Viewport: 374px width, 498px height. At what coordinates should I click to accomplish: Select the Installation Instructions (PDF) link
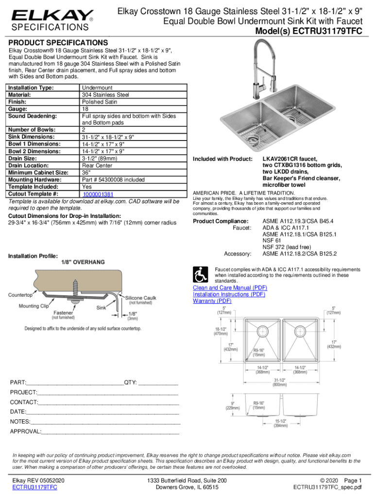(229, 294)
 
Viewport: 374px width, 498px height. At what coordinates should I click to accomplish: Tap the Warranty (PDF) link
(212, 301)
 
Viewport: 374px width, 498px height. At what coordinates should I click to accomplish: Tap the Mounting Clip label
(34, 306)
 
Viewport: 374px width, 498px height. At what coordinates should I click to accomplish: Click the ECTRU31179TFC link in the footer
(34, 487)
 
